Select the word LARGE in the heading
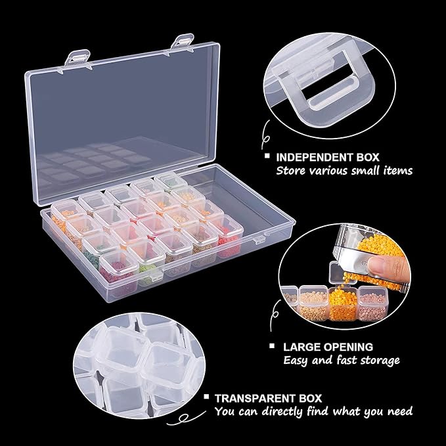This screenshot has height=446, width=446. click(301, 347)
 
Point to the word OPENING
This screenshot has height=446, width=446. click(348, 347)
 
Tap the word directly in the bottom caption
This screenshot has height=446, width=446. click(280, 412)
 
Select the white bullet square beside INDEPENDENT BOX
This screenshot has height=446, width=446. click(267, 156)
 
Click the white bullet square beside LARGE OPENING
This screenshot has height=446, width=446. click(272, 346)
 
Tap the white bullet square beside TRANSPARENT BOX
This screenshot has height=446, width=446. click(206, 397)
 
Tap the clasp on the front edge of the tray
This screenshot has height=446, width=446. click(259, 240)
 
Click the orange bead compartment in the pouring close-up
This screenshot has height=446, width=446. click(343, 304)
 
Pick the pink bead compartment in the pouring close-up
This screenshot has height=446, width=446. click(372, 303)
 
